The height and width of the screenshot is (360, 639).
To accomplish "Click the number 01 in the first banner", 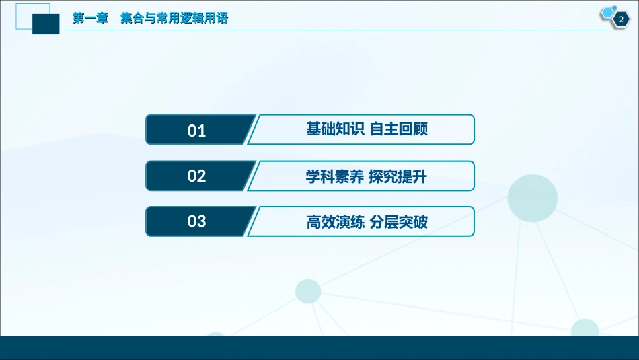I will pos(196,131).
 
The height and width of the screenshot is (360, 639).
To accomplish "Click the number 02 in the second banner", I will pos(196,176).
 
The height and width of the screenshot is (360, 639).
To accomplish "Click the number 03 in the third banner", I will pos(196,221).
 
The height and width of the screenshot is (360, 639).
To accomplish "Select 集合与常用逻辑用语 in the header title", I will pos(174,19).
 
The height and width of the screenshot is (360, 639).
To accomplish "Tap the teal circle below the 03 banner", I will pos(308,291).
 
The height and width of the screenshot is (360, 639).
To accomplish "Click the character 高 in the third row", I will pos(313,221).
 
